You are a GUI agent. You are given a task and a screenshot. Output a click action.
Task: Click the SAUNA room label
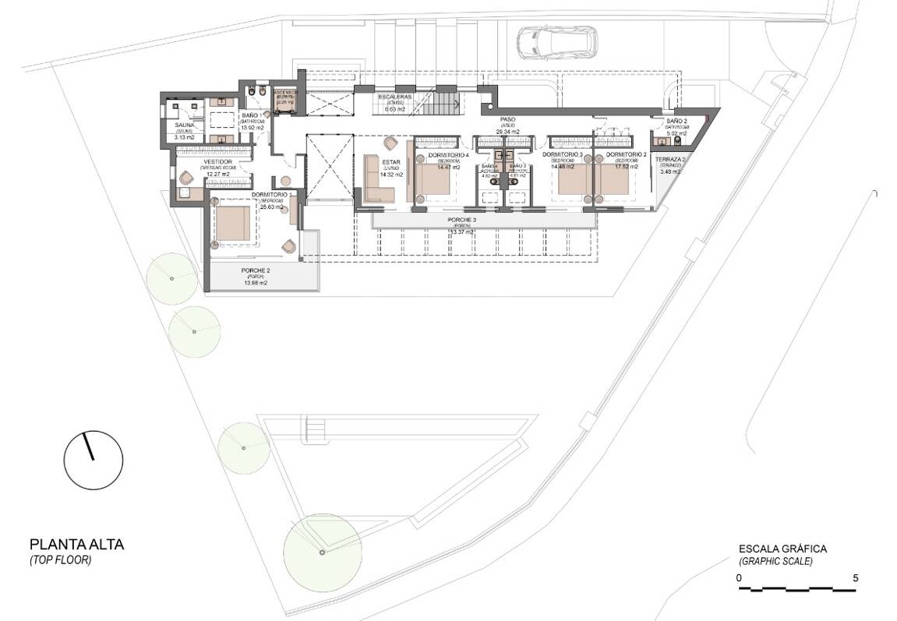click(184, 125)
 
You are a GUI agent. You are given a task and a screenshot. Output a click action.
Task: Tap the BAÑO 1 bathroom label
click(251, 116)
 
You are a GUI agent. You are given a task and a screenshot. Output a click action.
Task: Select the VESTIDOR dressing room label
click(218, 162)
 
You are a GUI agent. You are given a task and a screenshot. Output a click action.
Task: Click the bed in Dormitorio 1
click(233, 222)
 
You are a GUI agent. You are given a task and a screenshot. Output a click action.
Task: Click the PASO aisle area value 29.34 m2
click(507, 132)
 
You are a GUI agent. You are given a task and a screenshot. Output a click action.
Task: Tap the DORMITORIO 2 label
click(626, 155)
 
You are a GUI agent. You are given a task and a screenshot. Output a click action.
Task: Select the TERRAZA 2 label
click(670, 160)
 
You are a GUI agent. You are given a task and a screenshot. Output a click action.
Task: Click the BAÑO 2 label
click(676, 122)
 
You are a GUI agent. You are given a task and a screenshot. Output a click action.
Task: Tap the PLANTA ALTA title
click(76, 544)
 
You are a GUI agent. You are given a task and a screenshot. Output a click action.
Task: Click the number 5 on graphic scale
click(855, 578)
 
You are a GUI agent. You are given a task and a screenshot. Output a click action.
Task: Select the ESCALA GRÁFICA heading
click(782, 549)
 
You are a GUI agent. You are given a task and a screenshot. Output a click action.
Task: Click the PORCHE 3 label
click(461, 221)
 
